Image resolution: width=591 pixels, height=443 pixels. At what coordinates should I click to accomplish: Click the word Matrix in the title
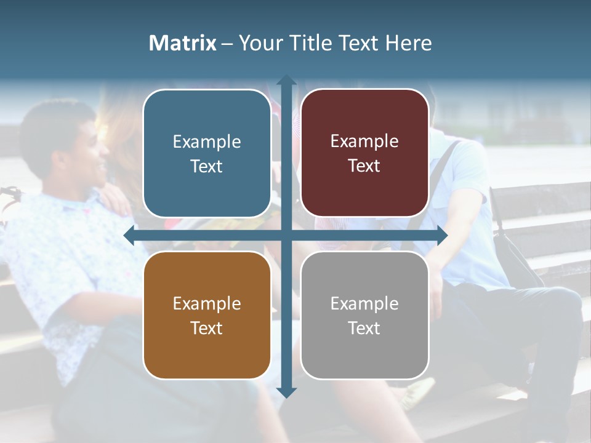182,43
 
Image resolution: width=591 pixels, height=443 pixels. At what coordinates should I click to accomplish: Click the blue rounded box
207,153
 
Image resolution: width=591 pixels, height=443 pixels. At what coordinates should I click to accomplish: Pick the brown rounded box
207,315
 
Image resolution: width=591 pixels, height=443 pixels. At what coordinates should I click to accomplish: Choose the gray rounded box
364,315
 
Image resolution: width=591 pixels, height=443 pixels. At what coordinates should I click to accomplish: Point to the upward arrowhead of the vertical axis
286,81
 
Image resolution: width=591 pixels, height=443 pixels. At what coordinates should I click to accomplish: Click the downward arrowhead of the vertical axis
286,392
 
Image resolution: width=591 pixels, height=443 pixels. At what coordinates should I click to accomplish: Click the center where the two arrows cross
286,236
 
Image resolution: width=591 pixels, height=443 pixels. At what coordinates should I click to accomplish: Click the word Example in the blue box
207,142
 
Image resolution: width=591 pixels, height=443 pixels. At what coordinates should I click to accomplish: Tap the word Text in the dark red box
364,166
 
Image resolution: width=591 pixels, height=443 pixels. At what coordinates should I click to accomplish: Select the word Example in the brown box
207,304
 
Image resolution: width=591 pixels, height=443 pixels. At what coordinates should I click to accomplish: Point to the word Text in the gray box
364,328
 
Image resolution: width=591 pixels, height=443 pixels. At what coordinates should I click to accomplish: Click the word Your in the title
259,43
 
